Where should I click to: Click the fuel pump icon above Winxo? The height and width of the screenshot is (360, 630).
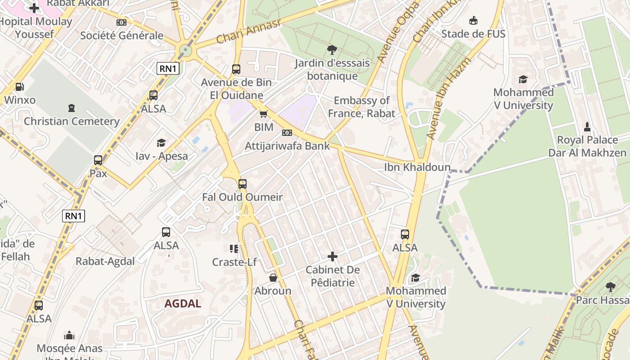(19, 87)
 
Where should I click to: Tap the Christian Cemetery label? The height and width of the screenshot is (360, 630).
(72, 121)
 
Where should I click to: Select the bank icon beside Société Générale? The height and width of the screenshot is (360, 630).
(121, 22)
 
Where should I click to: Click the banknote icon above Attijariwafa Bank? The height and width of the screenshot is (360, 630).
(287, 133)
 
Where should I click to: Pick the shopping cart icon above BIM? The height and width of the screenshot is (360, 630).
(264, 114)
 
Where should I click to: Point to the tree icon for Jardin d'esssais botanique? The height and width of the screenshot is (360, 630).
(332, 50)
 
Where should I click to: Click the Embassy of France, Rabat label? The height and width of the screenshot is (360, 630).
(361, 107)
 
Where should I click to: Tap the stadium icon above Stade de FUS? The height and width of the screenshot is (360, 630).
(473, 21)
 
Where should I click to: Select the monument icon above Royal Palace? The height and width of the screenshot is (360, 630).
(587, 126)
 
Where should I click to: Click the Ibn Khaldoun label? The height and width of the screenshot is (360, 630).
(417, 167)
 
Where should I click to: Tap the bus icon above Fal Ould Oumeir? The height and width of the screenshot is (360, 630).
(243, 184)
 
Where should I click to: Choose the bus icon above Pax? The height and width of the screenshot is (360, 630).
(98, 160)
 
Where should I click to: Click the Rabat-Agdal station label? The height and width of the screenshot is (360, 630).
(105, 261)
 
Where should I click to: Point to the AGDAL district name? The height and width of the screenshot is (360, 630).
(183, 303)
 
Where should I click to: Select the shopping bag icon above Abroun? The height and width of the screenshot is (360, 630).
(273, 278)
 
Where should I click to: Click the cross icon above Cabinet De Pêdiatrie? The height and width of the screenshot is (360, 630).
(333, 256)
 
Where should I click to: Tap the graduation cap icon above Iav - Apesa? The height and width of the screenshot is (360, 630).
(161, 143)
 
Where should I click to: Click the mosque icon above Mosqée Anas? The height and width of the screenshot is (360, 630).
(69, 335)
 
